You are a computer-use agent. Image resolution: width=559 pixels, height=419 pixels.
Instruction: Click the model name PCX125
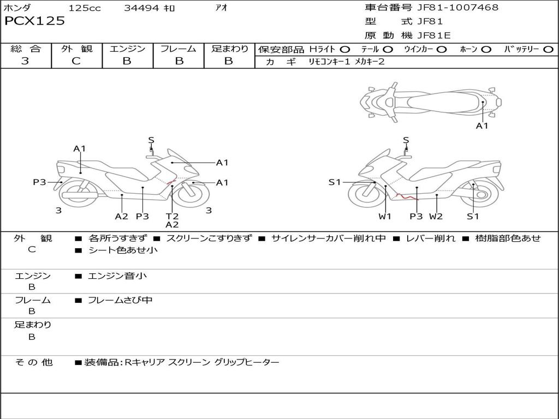click(x=34, y=21)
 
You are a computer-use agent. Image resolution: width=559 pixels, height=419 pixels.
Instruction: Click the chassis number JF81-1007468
click(x=458, y=7)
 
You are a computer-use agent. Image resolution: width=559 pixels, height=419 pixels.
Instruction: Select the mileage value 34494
click(x=141, y=8)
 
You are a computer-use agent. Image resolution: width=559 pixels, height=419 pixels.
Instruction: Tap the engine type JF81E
click(x=434, y=35)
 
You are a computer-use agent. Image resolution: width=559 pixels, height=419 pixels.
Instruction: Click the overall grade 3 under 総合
click(x=25, y=61)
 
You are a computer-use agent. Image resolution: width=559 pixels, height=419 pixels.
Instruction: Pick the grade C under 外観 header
click(x=76, y=61)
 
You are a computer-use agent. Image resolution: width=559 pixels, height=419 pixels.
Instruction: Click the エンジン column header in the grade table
click(x=127, y=49)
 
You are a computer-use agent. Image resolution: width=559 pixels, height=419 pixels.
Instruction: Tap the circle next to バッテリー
click(x=548, y=50)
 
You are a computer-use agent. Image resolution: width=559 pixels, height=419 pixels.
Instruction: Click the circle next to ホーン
click(x=486, y=50)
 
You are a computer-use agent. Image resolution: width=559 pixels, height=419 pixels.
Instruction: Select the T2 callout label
click(x=172, y=216)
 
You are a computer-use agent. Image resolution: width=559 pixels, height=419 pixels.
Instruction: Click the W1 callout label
click(x=385, y=216)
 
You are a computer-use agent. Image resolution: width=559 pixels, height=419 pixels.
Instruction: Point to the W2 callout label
click(x=436, y=216)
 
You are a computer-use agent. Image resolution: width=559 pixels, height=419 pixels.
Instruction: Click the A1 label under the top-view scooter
click(x=482, y=126)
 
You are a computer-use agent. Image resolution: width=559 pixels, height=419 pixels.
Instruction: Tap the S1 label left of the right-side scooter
click(x=335, y=182)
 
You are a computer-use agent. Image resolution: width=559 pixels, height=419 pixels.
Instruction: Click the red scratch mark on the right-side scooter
click(x=407, y=196)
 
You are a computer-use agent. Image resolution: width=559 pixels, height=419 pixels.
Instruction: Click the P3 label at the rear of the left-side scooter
click(x=39, y=182)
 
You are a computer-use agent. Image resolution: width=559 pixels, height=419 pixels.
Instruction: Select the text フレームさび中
click(x=120, y=300)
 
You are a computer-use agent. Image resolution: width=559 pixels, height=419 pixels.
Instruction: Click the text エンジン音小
click(x=117, y=276)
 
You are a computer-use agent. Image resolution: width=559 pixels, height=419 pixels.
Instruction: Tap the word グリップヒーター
click(x=247, y=362)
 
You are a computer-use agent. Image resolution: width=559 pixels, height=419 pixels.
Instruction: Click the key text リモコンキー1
click(x=329, y=62)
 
